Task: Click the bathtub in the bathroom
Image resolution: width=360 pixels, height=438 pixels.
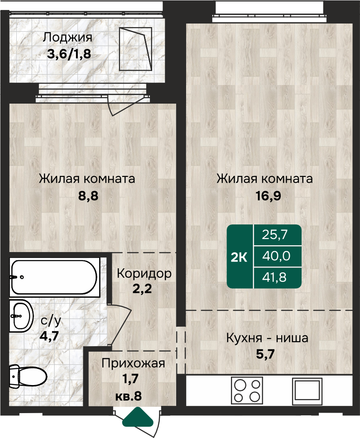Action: [x=54, y=277]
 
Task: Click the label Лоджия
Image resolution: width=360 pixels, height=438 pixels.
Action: [x=67, y=38]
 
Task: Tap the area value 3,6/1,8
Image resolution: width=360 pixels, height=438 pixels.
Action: [x=69, y=54]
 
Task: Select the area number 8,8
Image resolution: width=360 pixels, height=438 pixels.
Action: [x=88, y=196]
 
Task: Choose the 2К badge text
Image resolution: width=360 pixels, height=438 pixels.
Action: [x=239, y=257]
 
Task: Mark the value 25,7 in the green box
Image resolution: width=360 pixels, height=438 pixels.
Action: [x=274, y=235]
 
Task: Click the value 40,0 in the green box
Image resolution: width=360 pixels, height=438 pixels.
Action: [x=276, y=256]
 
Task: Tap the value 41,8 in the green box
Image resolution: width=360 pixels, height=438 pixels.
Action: [x=274, y=277]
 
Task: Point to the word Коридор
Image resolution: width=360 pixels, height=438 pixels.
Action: [x=144, y=274]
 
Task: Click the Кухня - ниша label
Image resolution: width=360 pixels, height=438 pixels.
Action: [x=267, y=338]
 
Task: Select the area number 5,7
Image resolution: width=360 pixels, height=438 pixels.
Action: [x=265, y=354]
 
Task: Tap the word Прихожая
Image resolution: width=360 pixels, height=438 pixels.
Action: [x=133, y=363]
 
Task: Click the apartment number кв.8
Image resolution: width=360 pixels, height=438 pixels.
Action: [x=129, y=396]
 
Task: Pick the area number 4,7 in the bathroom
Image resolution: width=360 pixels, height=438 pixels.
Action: [x=49, y=335]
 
